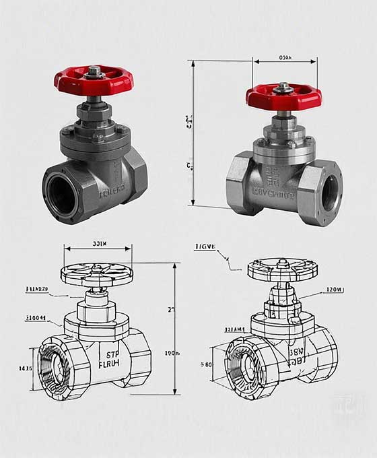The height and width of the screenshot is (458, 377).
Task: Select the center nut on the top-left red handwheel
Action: tap(94, 70)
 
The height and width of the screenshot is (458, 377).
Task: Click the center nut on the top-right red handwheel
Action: tap(283, 86)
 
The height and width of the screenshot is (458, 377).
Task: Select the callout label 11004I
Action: tap(36, 317)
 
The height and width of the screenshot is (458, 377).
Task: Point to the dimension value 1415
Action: tap(26, 369)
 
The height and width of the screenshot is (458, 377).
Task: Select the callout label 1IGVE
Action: tap(205, 247)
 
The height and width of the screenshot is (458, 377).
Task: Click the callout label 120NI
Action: tap(335, 290)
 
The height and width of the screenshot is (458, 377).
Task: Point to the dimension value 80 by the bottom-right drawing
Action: tap(206, 364)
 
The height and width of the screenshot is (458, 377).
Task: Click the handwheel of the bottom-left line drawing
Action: tap(96, 274)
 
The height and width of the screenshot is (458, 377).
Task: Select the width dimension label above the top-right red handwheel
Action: tap(285, 58)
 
